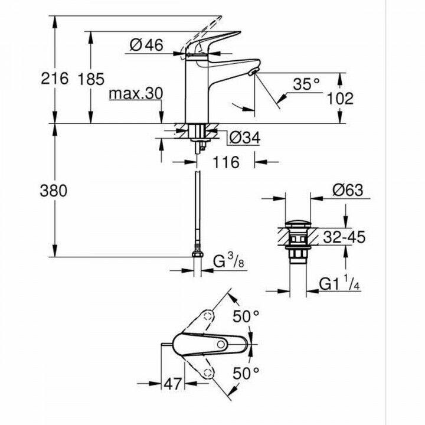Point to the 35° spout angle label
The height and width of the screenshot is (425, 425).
(306, 85)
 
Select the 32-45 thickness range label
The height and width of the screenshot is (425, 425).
(344, 237)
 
